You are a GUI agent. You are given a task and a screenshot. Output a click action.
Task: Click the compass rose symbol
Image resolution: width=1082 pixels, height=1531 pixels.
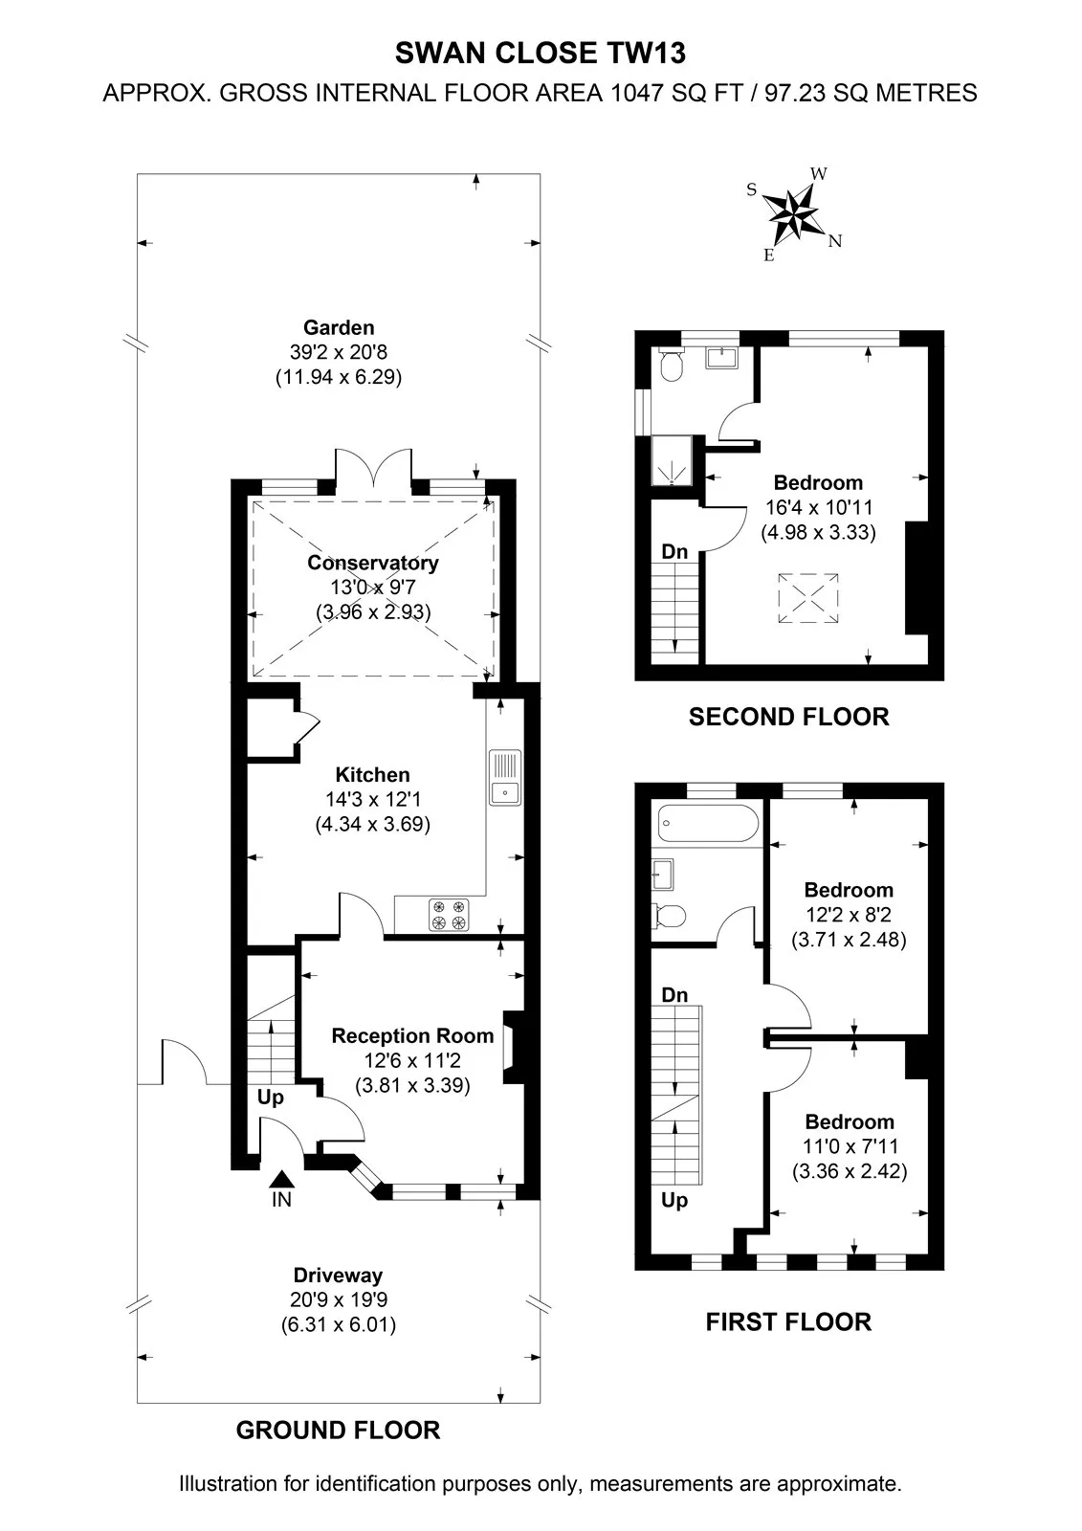click(793, 214)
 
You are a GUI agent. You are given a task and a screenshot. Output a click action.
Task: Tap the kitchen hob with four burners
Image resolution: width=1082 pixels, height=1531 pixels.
click(449, 915)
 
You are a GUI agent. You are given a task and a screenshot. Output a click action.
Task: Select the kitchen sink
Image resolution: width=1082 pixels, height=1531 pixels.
click(505, 777)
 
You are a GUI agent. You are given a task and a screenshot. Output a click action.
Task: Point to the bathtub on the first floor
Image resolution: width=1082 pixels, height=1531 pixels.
click(707, 824)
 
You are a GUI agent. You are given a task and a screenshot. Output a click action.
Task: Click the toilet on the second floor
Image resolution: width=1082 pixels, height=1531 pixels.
click(672, 365)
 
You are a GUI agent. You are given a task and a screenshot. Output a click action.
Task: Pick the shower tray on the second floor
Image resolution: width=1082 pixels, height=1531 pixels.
click(672, 460)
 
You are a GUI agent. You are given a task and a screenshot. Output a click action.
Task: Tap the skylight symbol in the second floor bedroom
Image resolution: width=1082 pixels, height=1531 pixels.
click(807, 598)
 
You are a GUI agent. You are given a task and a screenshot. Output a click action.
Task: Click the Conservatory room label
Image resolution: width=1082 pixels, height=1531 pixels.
click(372, 563)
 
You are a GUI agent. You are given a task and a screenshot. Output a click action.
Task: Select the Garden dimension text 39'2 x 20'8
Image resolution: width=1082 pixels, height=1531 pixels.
click(339, 353)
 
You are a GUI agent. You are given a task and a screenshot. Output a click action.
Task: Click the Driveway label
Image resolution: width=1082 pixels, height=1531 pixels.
click(338, 1276)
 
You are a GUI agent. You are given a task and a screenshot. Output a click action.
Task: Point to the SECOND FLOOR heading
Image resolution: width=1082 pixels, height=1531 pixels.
click(788, 717)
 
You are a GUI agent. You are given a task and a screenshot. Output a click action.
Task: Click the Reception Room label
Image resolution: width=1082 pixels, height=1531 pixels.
click(412, 1035)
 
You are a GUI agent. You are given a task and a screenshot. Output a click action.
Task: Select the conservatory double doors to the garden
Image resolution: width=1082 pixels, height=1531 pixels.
click(373, 470)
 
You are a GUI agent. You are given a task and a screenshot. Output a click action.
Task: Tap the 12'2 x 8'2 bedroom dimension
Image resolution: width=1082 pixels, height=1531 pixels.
click(849, 915)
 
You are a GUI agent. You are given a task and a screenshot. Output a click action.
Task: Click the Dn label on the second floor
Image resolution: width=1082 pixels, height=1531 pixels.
click(674, 551)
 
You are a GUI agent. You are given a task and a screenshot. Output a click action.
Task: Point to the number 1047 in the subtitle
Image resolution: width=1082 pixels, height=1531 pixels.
click(637, 93)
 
